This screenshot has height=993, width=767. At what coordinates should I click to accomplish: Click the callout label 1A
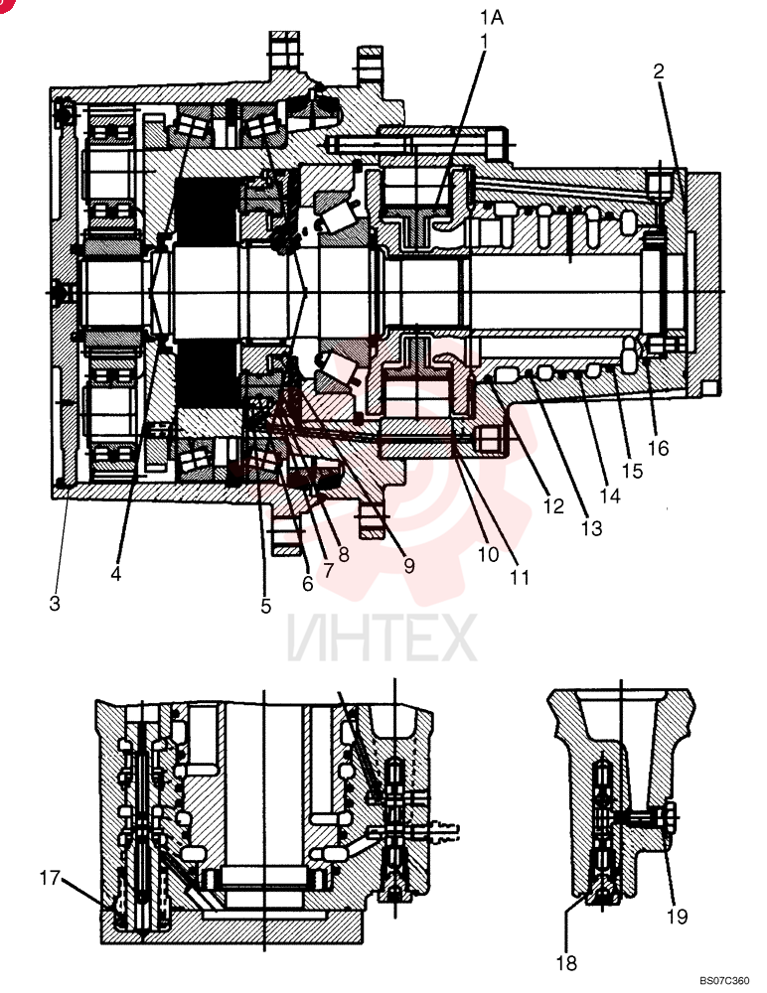pyautogui.click(x=491, y=17)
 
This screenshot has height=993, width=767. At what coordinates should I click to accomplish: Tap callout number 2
pyautogui.click(x=659, y=71)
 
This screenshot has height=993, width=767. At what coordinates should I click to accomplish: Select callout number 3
pyautogui.click(x=56, y=603)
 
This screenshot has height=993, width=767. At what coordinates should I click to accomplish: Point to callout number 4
pyautogui.click(x=115, y=574)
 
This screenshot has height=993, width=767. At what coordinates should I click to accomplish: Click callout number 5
pyautogui.click(x=265, y=606)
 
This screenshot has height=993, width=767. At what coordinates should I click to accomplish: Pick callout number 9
pyautogui.click(x=307, y=583)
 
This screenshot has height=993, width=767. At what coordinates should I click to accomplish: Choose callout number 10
pyautogui.click(x=328, y=571)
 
